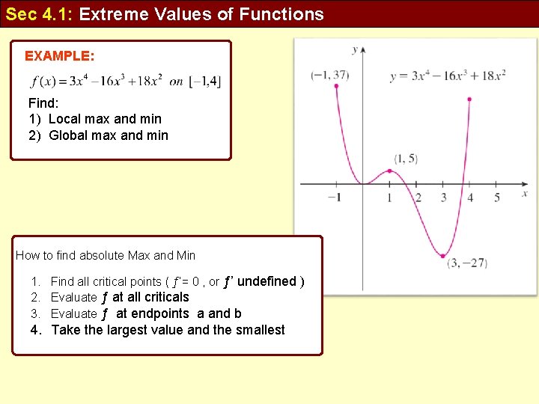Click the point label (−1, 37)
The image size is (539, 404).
pyautogui.click(x=330, y=75)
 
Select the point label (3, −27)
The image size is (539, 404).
pyautogui.click(x=467, y=263)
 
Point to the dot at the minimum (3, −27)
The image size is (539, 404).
pyautogui.click(x=443, y=256)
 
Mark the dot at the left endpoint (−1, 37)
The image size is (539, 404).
pyautogui.click(x=336, y=86)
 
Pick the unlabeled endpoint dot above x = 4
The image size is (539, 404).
pyautogui.click(x=469, y=99)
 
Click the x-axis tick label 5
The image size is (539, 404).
pyautogui.click(x=496, y=198)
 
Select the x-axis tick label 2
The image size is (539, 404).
pyautogui.click(x=418, y=198)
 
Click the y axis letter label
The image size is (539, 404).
pyautogui.click(x=354, y=49)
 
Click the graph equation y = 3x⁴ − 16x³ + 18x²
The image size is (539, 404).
pyautogui.click(x=448, y=76)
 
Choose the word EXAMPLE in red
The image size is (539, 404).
pyautogui.click(x=59, y=56)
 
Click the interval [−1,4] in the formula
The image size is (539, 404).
pyautogui.click(x=205, y=82)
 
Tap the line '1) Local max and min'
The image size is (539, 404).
pyautogui.click(x=95, y=118)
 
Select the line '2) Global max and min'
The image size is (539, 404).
pyautogui.click(x=98, y=135)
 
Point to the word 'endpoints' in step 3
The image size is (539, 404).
pyautogui.click(x=160, y=313)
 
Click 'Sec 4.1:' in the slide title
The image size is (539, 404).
pyautogui.click(x=38, y=13)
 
